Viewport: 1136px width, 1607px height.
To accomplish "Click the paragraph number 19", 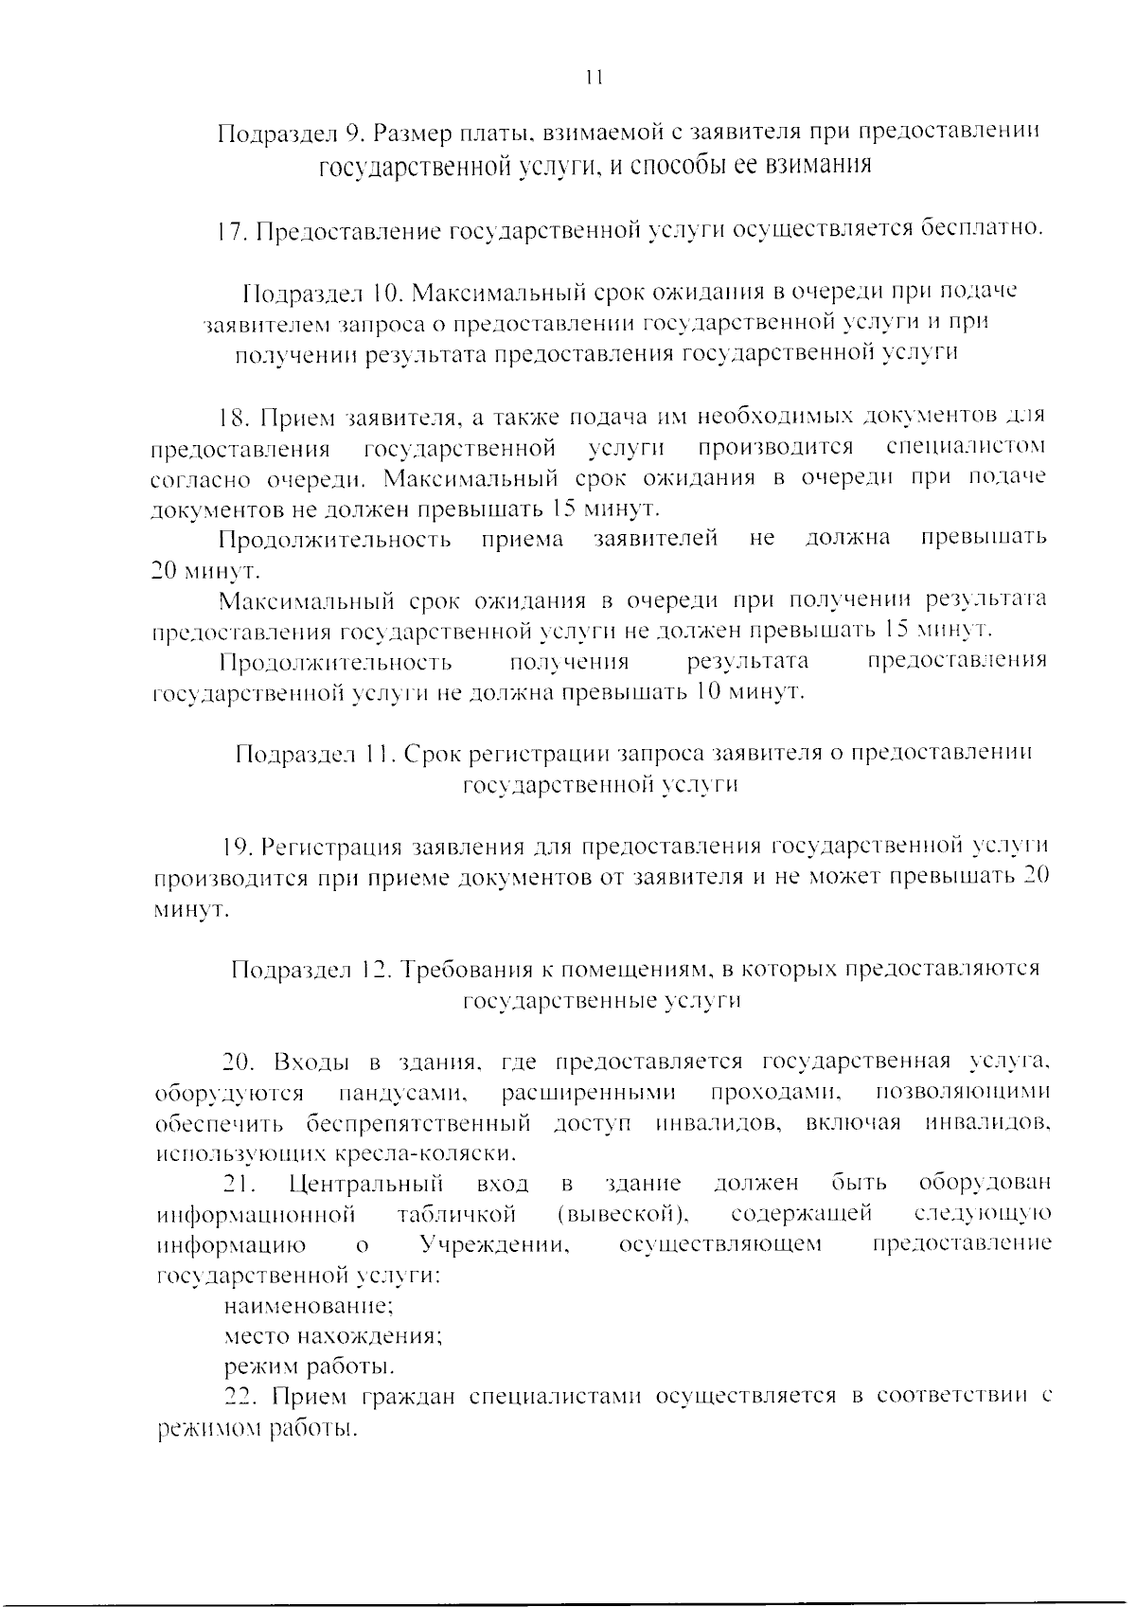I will [235, 846].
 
